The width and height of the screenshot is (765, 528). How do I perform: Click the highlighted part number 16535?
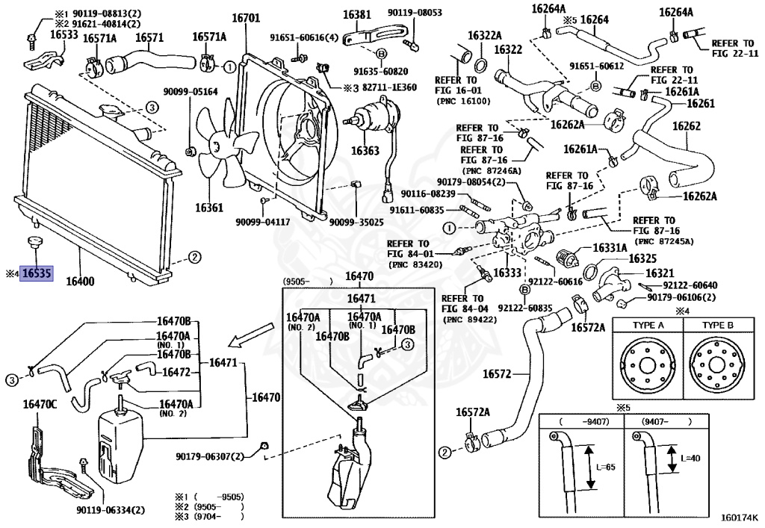point(37,274)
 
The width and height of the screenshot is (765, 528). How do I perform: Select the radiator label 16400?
point(80,282)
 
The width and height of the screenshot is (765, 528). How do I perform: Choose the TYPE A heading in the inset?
point(646,326)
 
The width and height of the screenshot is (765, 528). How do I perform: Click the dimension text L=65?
point(607,467)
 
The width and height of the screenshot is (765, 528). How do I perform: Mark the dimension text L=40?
point(691,457)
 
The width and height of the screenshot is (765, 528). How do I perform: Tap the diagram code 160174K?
point(739,516)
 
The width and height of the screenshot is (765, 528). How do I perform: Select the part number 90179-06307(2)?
point(211,456)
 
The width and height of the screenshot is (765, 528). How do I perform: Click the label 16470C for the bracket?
point(40,404)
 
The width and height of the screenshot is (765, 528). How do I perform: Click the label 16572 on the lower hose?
point(497,373)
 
